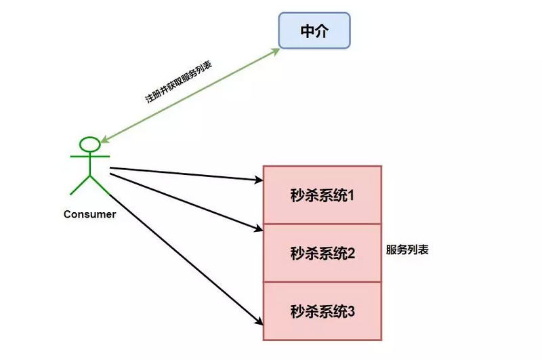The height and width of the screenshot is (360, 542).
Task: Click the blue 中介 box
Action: click(314, 31)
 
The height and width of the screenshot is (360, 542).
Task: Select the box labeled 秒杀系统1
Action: click(322, 195)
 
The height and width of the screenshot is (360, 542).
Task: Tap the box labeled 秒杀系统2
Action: click(322, 254)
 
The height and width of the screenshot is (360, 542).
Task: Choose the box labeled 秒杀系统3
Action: click(322, 312)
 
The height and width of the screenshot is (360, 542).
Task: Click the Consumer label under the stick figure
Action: click(89, 214)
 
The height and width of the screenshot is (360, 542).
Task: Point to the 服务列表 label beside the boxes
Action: click(407, 249)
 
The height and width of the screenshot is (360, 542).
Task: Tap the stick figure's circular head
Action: click(90, 144)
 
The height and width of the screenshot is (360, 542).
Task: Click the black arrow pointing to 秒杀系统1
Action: click(183, 174)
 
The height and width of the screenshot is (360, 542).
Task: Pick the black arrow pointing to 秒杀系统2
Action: click(183, 201)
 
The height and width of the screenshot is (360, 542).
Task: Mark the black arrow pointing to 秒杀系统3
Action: click(183, 251)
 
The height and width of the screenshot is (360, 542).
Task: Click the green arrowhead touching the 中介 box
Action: click(276, 51)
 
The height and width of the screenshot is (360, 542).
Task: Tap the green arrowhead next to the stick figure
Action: click(106, 140)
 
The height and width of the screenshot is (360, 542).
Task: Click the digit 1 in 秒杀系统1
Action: click(352, 195)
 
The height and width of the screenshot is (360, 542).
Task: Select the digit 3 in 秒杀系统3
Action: click(352, 312)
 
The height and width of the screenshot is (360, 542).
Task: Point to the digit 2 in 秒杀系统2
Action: click(352, 254)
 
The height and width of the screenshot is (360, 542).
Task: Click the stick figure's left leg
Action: click(79, 185)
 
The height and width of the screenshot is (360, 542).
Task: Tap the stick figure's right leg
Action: click(100, 185)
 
